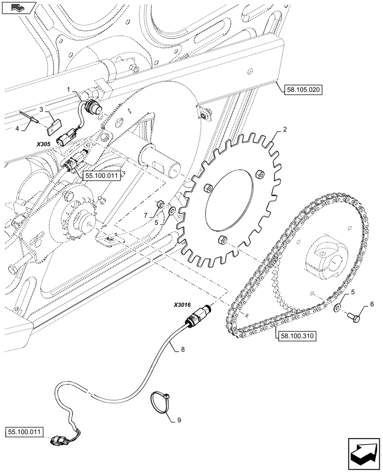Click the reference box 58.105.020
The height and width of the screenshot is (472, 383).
(302, 89)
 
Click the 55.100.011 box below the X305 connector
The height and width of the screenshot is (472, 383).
(101, 176)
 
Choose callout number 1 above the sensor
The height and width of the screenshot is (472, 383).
(68, 89)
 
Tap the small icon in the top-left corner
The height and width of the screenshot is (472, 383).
(17, 7)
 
